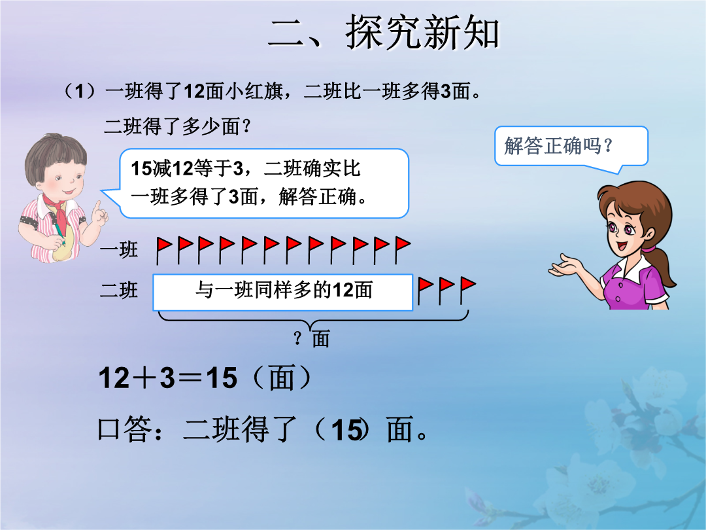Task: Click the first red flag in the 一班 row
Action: [x=164, y=250]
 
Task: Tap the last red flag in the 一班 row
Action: [x=403, y=250]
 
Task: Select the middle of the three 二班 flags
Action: [x=446, y=291]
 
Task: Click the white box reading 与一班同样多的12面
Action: [x=283, y=292]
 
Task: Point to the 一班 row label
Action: [x=118, y=249]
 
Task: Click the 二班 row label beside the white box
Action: [x=118, y=290]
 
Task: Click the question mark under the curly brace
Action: [x=297, y=338]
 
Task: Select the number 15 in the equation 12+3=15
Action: [x=222, y=378]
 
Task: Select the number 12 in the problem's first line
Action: [x=195, y=92]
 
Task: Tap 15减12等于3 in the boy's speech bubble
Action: [x=187, y=169]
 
